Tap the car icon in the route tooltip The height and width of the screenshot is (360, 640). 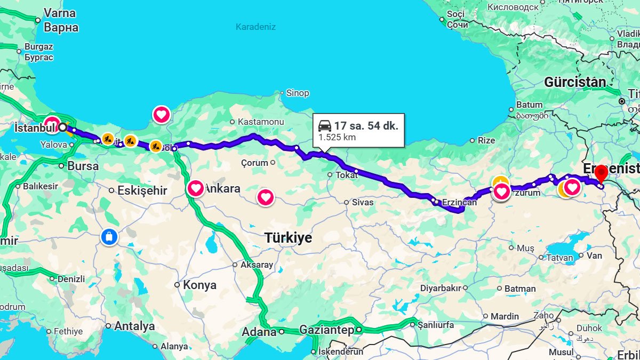(325, 126)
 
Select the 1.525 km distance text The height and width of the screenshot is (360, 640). (337, 137)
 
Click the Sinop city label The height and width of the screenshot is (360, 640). (298, 93)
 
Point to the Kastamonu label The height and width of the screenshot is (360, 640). (261, 122)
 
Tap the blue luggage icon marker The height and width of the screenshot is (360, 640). (109, 237)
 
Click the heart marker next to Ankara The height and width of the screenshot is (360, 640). (196, 188)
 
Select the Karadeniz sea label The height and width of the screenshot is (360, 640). (256, 27)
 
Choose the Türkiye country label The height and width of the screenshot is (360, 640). (289, 238)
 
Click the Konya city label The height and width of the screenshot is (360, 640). (199, 285)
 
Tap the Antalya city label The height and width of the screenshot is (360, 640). (134, 326)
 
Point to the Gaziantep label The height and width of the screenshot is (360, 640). (326, 331)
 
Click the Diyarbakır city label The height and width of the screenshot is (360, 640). (441, 288)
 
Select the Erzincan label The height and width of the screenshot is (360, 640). (459, 202)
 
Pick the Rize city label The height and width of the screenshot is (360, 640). (486, 140)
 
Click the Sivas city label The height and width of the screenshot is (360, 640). (363, 202)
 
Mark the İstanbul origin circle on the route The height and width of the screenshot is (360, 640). (62, 127)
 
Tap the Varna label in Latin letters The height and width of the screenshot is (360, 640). (60, 13)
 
